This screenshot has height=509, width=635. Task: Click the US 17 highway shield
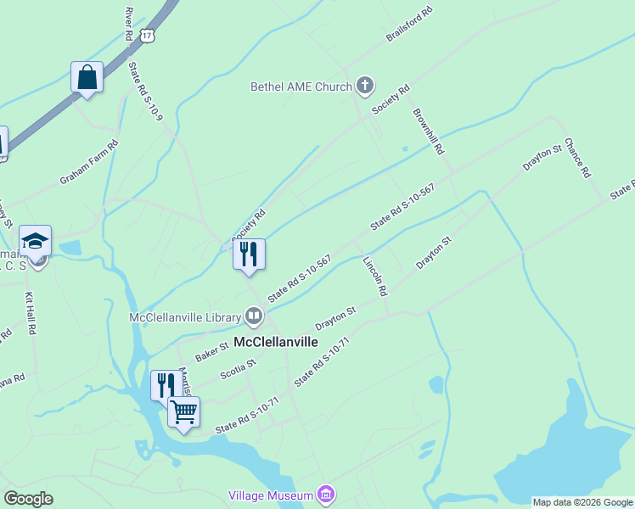[149, 36]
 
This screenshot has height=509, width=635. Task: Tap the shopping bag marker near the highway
[87, 78]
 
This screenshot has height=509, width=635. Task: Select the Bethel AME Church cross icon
[365, 85]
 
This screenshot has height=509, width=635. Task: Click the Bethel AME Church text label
[301, 87]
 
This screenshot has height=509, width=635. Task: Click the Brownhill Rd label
[429, 131]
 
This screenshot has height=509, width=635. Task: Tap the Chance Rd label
[577, 158]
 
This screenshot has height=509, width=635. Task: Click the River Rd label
[129, 24]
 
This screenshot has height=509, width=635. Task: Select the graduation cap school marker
[36, 243]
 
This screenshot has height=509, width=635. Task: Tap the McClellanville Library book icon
[254, 317]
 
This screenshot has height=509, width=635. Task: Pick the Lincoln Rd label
[375, 277]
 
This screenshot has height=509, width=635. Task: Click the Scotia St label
[238, 369]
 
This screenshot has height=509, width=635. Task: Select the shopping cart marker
[183, 413]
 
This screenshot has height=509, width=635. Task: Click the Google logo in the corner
[28, 499]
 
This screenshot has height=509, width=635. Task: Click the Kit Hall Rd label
[31, 313]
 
